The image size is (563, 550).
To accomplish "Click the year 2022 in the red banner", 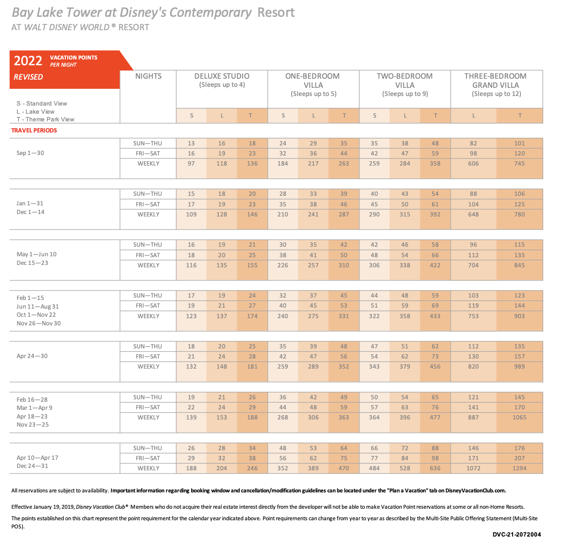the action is tap(28, 60).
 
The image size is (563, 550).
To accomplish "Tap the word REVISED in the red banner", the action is tap(28, 77).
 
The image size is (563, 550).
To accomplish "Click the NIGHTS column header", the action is tap(148, 76).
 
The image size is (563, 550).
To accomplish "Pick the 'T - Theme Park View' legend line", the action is tap(45, 120).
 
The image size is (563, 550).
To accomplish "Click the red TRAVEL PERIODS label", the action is tap(34, 131).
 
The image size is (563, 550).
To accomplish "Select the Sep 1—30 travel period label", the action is tap(30, 153).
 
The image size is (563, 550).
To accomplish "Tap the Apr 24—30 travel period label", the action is tap(32, 356).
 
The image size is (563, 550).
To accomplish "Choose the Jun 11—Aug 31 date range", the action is tap(37, 307).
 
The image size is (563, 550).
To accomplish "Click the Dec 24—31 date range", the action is tap(32, 466).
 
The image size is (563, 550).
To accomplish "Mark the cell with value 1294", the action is tap(519, 468).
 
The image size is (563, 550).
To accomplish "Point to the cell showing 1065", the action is tap(519, 418).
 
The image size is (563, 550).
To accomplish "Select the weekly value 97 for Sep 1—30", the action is tap(191, 164).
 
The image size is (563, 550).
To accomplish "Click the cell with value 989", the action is tap(519, 367).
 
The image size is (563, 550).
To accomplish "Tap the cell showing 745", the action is tap(519, 164).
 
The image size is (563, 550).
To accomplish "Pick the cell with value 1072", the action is tap(473, 468).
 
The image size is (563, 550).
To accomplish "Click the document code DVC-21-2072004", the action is tap(517, 535).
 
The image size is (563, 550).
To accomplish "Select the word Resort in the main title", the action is tap(276, 12).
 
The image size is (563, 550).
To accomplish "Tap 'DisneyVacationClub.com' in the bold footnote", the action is tap(476, 491).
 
